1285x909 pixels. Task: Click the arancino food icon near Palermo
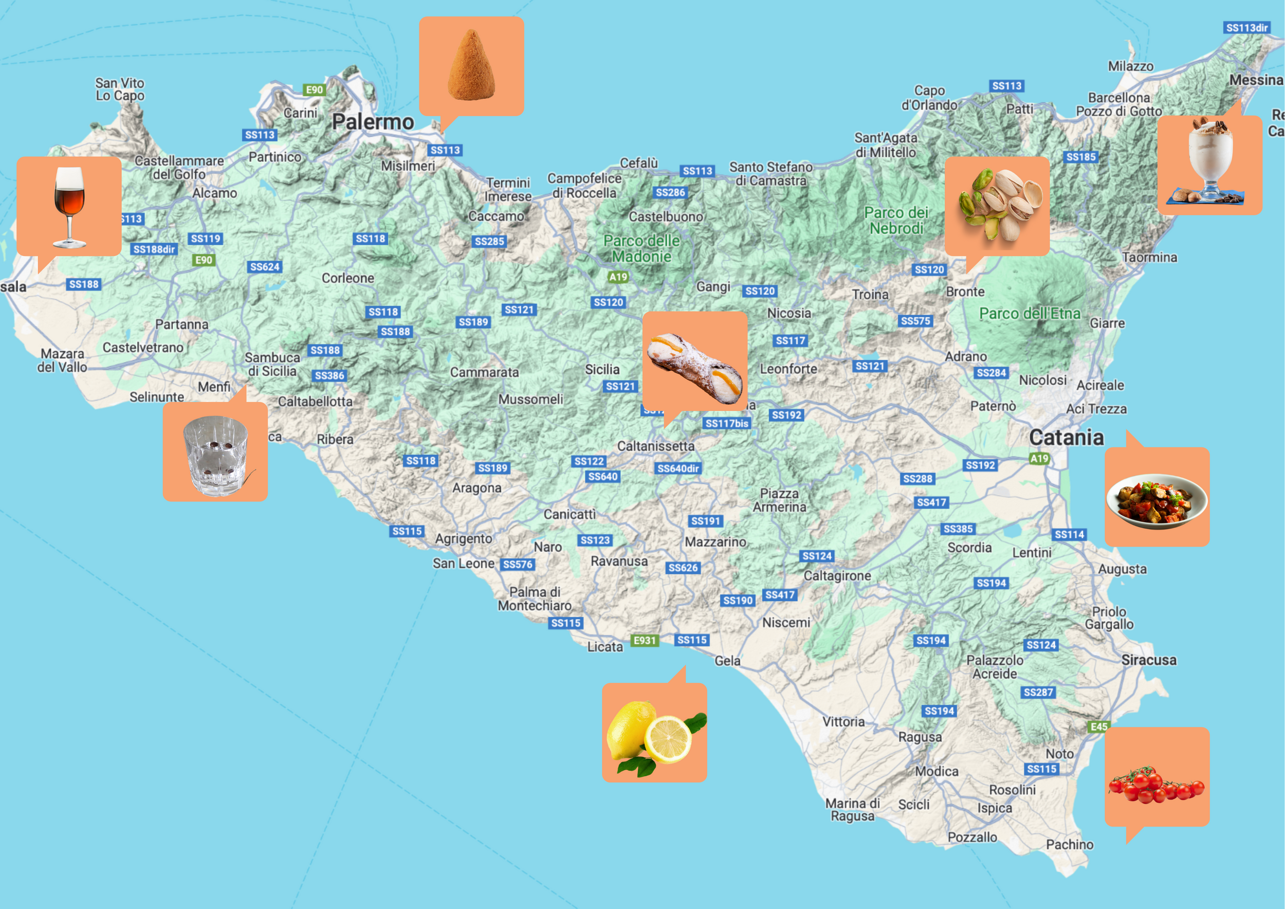coord(471,65)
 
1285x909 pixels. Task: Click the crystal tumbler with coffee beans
coord(215,454)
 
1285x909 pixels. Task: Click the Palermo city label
coord(373,122)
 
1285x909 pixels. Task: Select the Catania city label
coord(1066,438)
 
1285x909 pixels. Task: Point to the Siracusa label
coord(1148,661)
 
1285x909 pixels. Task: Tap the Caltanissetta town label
coord(655,447)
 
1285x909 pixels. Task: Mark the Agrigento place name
coord(464,539)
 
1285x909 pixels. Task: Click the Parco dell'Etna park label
coord(1029,314)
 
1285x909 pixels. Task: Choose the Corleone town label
coord(347,278)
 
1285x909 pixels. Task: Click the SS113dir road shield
coord(1246,28)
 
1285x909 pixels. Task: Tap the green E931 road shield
coord(644,640)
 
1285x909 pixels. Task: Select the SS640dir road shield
coord(678,468)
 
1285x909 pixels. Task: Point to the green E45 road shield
coord(1098,726)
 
